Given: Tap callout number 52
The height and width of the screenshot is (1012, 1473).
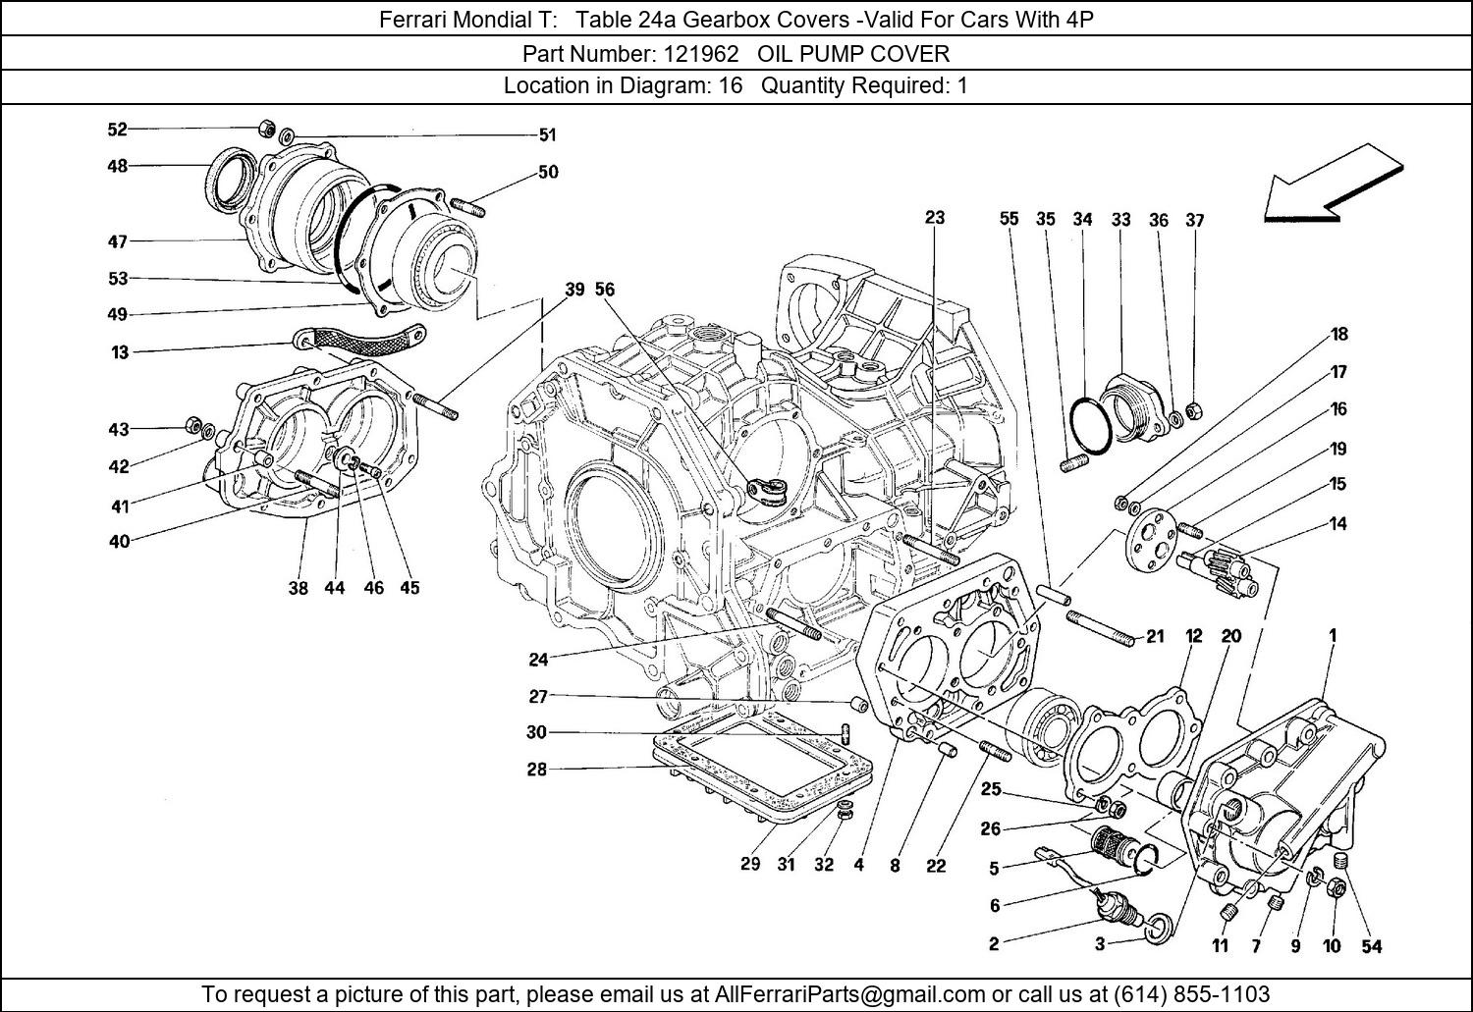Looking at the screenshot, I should (117, 129).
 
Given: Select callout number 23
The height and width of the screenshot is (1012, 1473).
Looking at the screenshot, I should (934, 217).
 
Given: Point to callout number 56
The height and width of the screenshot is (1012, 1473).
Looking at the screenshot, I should (605, 289).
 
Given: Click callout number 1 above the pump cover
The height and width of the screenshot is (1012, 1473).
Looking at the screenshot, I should (1333, 635).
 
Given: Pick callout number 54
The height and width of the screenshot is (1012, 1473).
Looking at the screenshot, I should (1371, 946).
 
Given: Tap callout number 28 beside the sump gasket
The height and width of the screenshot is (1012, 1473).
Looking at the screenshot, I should (536, 769).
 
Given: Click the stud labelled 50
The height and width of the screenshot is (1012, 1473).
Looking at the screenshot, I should (470, 209).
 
